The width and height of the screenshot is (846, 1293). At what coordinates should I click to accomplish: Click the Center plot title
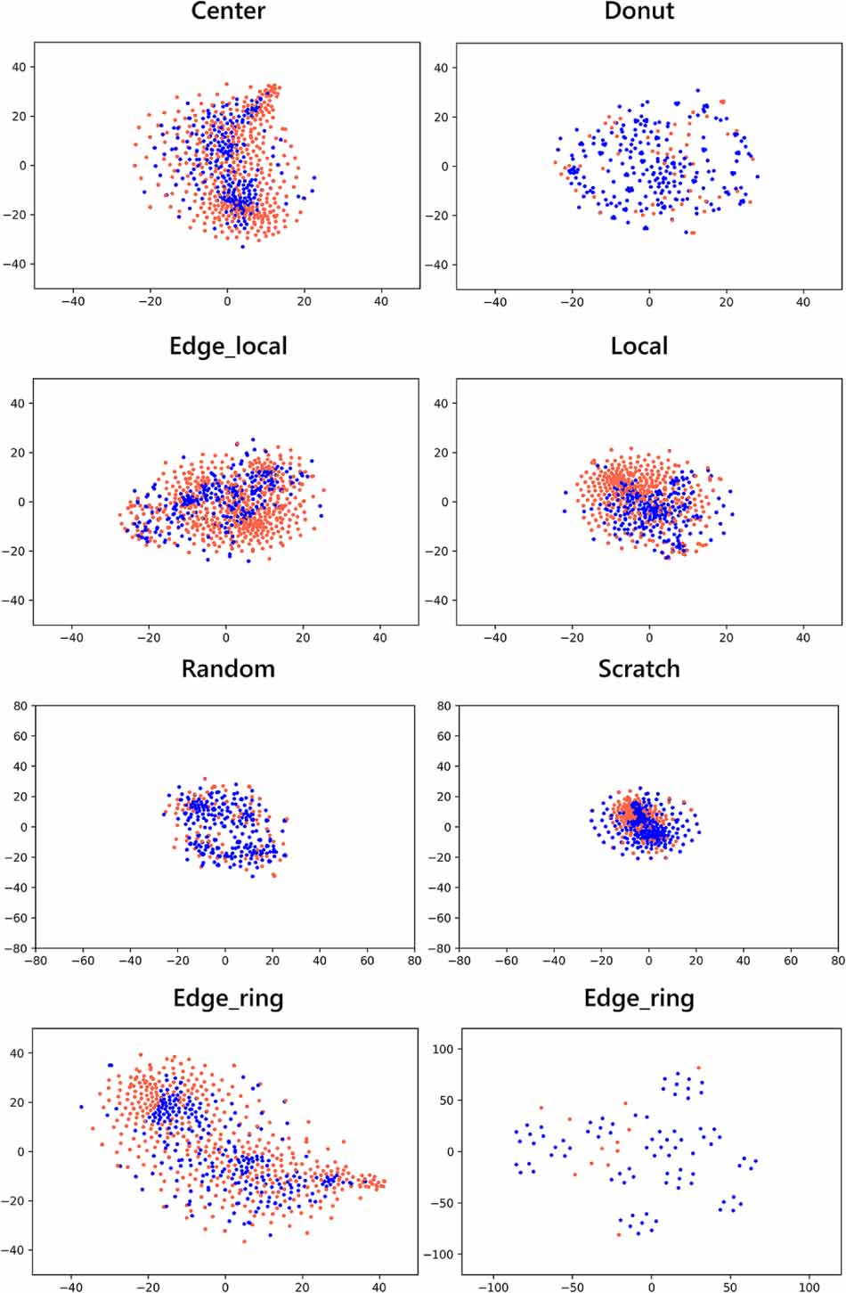pos(228,12)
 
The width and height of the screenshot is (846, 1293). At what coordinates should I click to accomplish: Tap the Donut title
pos(639,12)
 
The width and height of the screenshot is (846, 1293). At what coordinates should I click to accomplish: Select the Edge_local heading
pos(228,346)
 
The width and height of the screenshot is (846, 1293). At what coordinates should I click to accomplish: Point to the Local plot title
pos(639,346)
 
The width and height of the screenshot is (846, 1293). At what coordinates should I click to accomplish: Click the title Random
pos(228,668)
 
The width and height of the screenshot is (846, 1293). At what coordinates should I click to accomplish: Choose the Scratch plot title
pos(639,668)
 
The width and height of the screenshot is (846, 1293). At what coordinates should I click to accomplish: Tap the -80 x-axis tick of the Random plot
pos(36,961)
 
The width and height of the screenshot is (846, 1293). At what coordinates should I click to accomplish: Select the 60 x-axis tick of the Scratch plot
pos(791,961)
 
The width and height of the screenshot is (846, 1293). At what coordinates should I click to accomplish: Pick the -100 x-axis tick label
pos(492,1287)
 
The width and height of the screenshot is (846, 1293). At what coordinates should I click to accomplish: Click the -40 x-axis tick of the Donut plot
pos(494,302)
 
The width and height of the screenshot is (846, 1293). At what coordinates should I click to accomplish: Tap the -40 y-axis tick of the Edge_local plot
pos(18,600)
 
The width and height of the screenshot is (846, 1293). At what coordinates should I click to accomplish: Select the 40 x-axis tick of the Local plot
pos(803,637)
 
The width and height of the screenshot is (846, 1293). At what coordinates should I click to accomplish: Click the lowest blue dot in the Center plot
pos(242,246)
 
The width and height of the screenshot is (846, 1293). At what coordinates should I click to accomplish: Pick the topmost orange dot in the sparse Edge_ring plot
pos(698,1068)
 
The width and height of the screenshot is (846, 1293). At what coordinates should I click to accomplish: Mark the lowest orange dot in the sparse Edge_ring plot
pos(619,1234)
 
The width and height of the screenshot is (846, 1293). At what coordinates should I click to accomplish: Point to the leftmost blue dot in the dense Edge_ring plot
pos(81,1107)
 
